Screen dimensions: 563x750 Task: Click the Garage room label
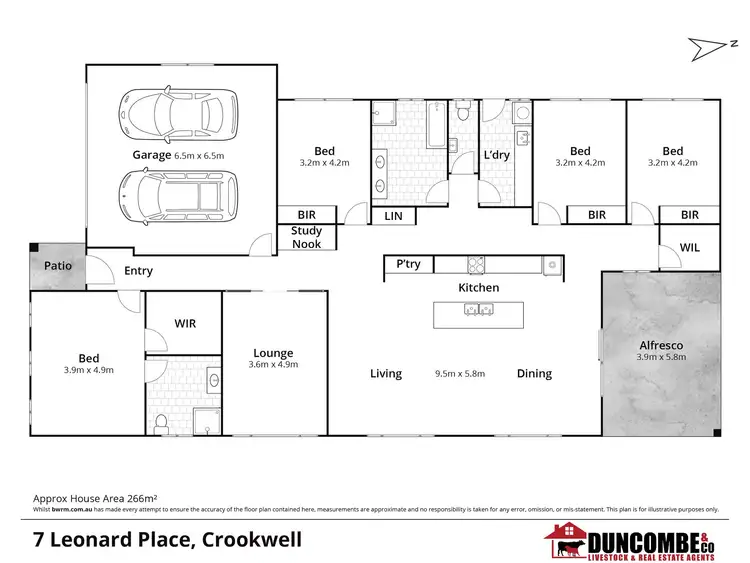point(152,155)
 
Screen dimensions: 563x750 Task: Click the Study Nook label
point(306,237)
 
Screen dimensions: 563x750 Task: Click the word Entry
point(138,271)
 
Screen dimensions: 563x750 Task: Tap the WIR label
point(184,323)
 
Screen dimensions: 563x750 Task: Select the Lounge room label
point(273,353)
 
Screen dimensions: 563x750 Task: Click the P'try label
point(408,265)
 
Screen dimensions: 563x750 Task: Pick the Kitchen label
point(478,288)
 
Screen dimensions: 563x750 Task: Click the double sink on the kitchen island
point(477,309)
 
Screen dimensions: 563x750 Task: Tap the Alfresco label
point(661,347)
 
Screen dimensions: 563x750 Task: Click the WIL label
point(689,246)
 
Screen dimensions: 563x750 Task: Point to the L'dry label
point(497,156)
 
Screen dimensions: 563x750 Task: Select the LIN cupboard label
point(393,216)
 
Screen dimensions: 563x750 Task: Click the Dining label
point(534,374)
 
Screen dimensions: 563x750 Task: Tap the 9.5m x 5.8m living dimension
point(460,374)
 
